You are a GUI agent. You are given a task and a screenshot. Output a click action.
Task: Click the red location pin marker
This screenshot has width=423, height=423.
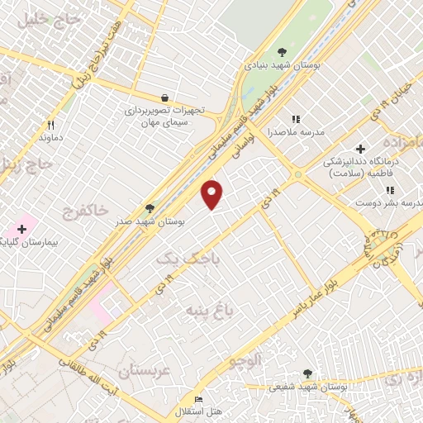(x=213, y=194)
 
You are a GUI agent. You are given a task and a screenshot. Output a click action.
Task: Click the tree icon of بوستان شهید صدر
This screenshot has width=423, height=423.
(x=150, y=208)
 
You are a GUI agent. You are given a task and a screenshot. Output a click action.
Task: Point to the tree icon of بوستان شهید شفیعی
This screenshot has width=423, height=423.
(x=307, y=373)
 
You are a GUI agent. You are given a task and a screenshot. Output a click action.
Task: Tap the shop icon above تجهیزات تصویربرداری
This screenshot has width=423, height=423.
(x=164, y=97)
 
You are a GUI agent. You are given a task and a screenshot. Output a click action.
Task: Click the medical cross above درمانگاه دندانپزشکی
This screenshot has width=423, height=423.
(x=360, y=149)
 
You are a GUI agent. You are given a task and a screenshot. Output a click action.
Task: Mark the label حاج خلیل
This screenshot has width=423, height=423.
(x=31, y=18)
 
